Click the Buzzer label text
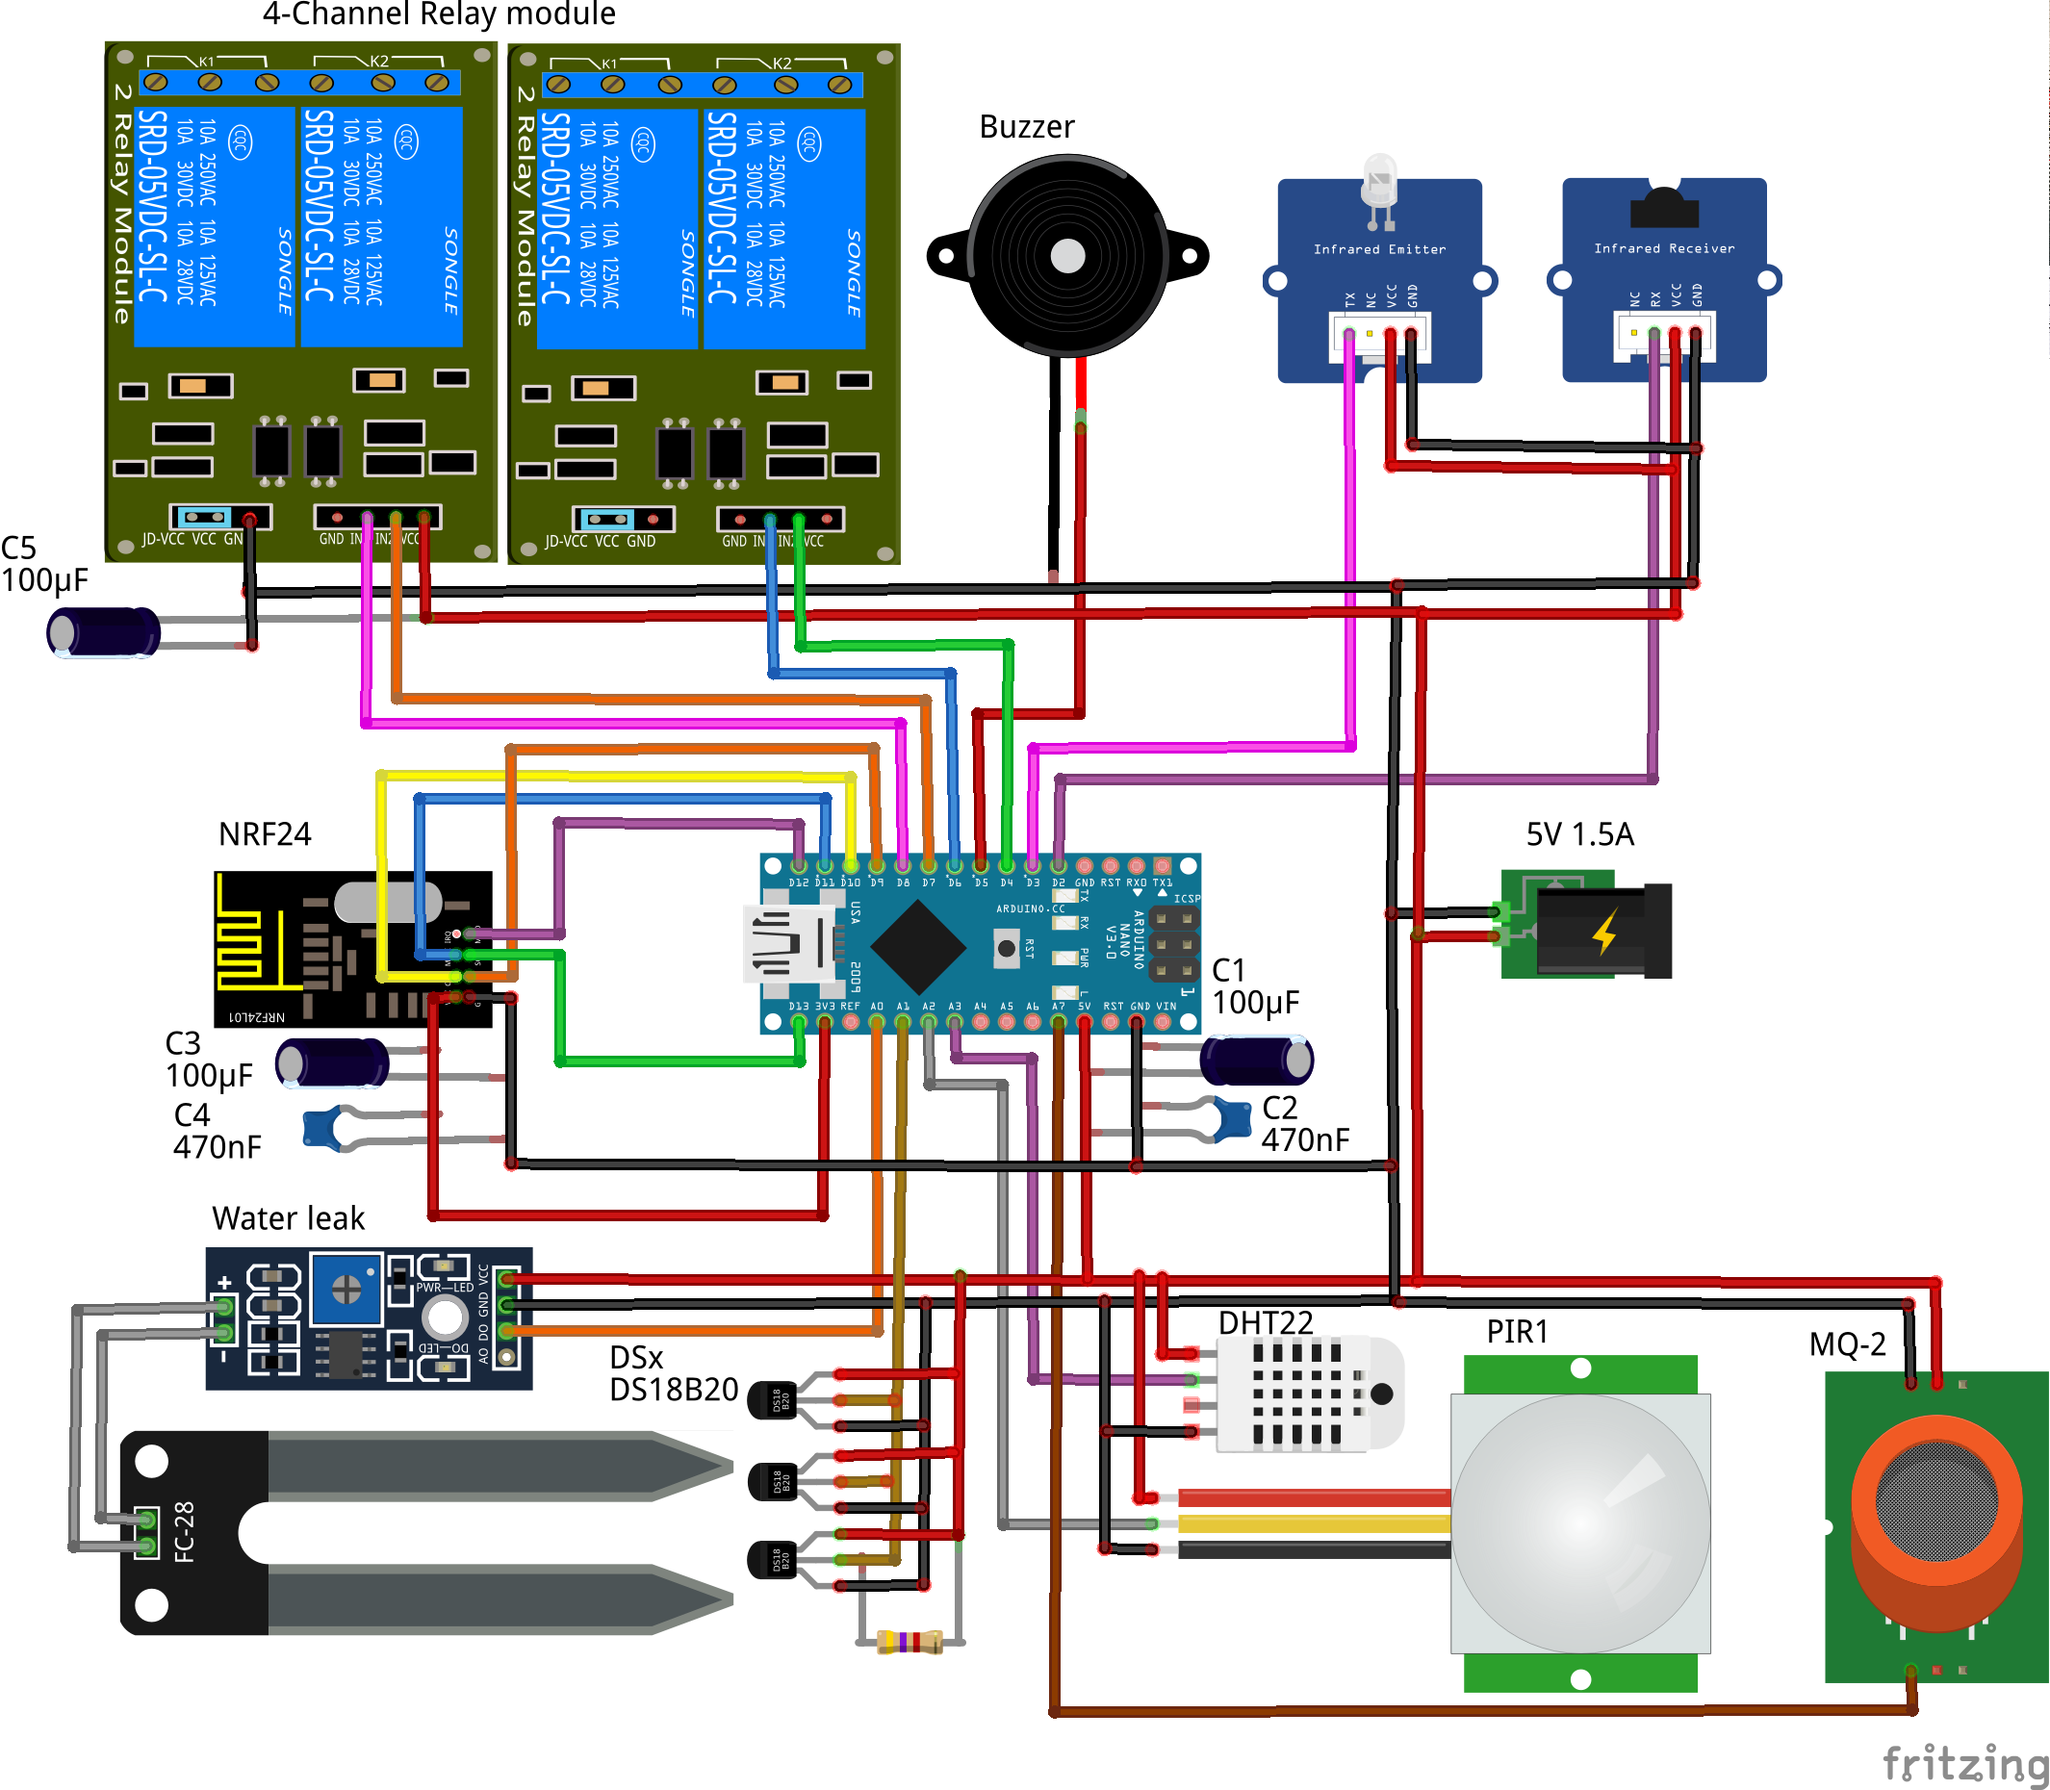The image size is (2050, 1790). point(1026,127)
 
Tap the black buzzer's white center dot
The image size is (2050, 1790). point(1068,257)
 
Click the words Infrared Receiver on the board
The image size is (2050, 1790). point(1664,247)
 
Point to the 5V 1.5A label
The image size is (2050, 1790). point(1579,834)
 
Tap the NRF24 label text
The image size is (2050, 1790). point(265,834)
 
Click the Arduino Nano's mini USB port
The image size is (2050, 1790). point(789,943)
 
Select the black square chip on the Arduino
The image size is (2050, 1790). point(918,946)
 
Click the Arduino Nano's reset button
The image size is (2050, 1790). point(1007,948)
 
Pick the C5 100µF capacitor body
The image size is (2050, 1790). point(104,632)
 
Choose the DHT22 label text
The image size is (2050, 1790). point(1266,1322)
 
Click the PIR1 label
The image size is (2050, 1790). point(1517,1332)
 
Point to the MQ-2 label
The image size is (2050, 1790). point(1847,1344)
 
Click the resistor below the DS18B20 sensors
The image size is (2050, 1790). point(910,1641)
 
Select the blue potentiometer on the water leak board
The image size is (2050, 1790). point(346,1290)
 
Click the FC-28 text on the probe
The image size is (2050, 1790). point(185,1531)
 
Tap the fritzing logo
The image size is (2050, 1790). point(1964,1763)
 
